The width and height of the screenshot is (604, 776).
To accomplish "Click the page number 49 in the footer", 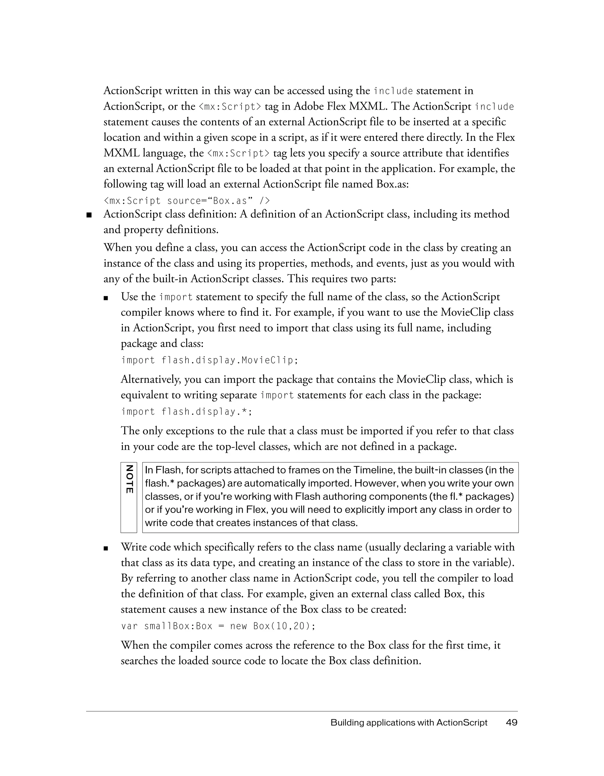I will (x=512, y=722).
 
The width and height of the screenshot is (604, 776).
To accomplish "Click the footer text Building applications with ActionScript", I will (x=409, y=722).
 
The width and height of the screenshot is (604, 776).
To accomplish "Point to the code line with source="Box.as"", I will (x=187, y=201).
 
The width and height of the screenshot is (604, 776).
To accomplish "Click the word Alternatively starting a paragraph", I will (x=152, y=380).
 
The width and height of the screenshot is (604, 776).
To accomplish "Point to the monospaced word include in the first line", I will (x=393, y=91).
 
